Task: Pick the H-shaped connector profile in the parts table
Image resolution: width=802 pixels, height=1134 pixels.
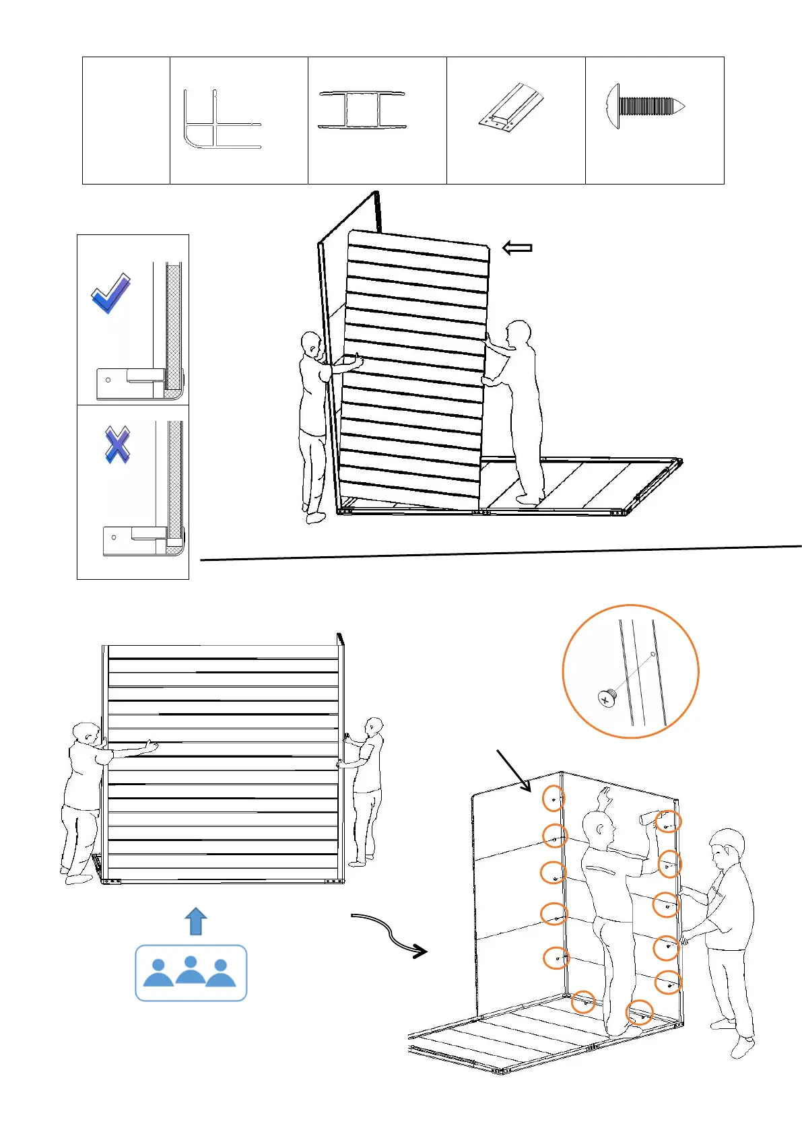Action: (362, 110)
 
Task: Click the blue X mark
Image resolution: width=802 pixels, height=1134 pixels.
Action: (117, 444)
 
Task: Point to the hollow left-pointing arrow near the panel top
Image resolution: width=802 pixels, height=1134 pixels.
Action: (517, 248)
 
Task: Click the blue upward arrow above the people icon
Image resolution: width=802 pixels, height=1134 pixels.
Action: (195, 921)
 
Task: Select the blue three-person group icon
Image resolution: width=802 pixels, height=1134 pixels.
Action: (191, 973)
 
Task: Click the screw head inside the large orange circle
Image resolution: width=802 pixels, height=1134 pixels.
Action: (607, 698)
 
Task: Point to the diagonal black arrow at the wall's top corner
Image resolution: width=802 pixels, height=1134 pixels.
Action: (513, 770)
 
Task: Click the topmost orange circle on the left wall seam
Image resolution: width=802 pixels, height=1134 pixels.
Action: (554, 799)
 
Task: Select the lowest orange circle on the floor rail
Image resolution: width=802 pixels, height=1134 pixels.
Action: (639, 1013)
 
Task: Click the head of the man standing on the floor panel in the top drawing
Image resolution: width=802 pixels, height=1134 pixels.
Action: (518, 334)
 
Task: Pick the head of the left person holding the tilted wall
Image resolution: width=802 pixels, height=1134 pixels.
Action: (311, 343)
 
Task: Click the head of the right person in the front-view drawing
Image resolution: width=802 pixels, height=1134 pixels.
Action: (374, 728)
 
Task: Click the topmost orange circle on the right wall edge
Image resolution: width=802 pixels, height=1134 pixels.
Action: (669, 822)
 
